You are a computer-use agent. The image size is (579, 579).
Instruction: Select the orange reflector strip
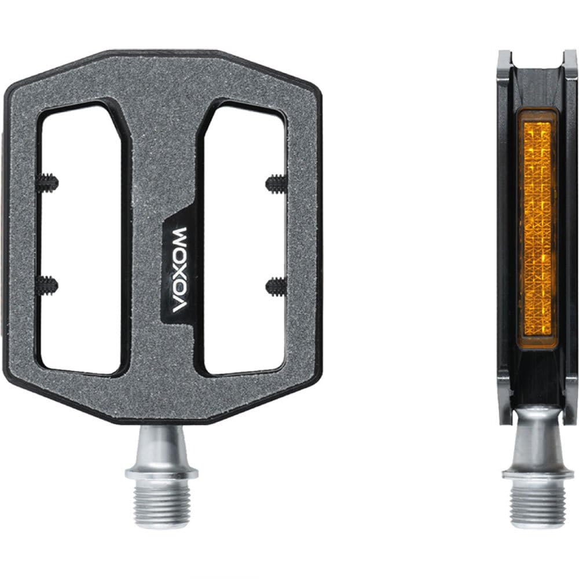coord(538,229)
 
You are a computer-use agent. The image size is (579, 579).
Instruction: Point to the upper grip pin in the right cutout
coord(276,185)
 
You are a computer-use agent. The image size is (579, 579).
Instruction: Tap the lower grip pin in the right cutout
coord(276,284)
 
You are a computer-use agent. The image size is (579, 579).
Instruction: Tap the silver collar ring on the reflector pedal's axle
coord(538,474)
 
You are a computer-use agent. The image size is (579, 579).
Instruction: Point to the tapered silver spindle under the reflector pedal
coord(538,443)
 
